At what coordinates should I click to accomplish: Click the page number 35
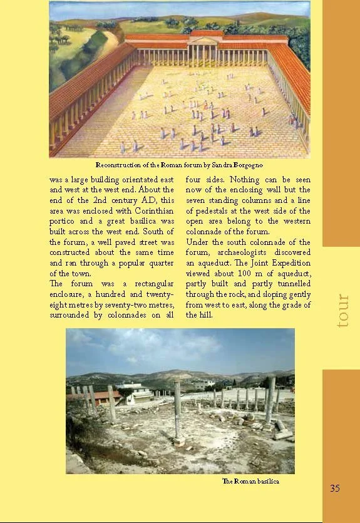[335, 488]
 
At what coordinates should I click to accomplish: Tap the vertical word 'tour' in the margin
[342, 310]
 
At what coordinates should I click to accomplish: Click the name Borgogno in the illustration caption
[245, 165]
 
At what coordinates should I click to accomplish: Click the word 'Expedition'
[289, 263]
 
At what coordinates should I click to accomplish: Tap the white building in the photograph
[133, 390]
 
